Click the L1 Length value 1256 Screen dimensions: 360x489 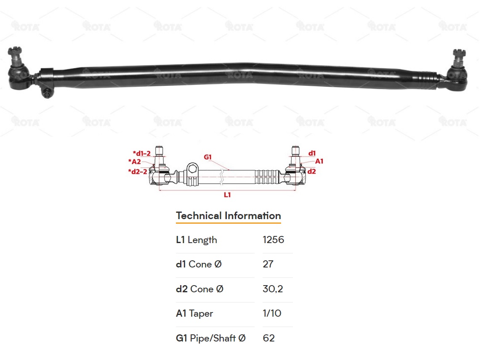273,240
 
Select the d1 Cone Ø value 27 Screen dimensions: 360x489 268,265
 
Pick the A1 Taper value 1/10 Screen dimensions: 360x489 271,314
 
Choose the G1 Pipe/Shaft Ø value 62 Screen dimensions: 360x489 268,338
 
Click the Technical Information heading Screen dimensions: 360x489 228,216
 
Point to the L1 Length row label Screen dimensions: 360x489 197,240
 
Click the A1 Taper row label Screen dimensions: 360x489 194,314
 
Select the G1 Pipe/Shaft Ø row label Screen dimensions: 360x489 210,338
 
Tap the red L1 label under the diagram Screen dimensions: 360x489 227,195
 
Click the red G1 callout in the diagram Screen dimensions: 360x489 207,157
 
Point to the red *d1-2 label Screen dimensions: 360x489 141,154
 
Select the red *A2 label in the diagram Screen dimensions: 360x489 134,161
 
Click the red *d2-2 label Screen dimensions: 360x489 137,171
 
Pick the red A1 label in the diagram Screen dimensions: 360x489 319,161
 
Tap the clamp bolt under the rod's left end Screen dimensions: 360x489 46,93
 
